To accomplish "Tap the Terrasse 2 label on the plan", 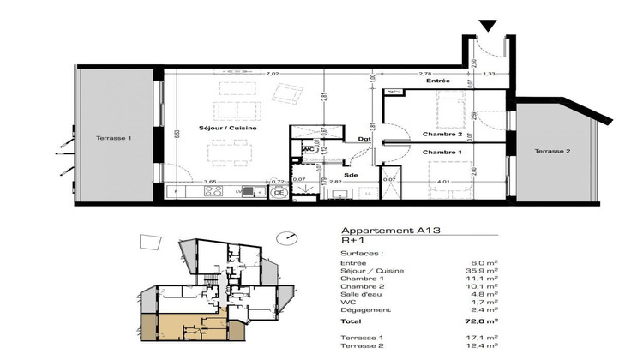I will tap(552, 151).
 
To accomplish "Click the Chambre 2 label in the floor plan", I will tap(442, 135).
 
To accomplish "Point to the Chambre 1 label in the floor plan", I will tap(442, 151).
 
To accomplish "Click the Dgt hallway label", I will tap(364, 139).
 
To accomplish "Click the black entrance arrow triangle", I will tap(487, 26).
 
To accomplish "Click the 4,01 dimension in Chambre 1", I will tap(443, 182).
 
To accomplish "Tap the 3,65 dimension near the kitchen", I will tap(209, 182).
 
